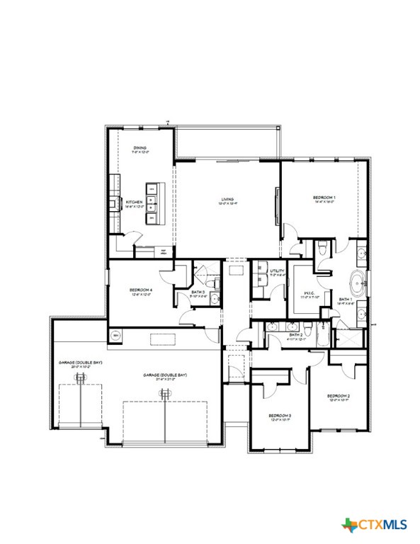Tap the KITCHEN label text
135,202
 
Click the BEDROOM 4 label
141,290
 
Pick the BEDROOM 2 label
339,395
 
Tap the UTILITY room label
277,271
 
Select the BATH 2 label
295,334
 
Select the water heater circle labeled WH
115,335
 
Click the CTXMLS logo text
383,525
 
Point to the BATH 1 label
345,300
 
